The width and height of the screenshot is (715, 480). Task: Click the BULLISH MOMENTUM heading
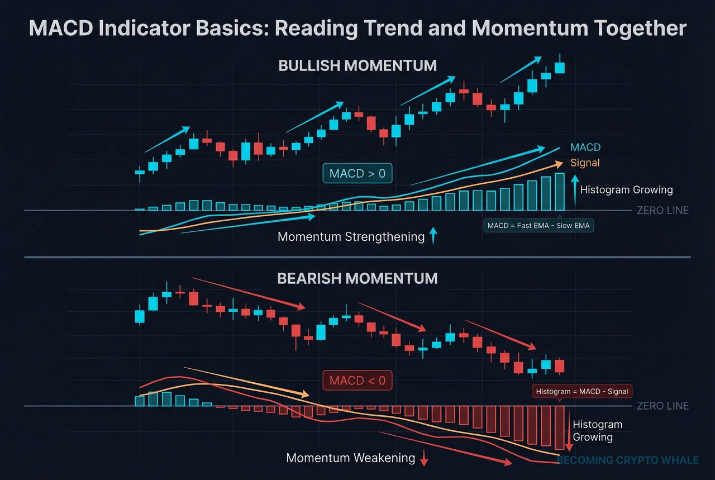(x=357, y=65)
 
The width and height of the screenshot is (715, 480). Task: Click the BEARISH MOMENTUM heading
(x=357, y=278)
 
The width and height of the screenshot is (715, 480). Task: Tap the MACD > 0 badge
(x=357, y=174)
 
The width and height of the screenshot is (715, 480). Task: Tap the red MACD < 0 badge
(x=357, y=381)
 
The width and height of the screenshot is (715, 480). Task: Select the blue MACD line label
(x=585, y=148)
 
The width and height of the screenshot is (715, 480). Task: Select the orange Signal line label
(x=585, y=163)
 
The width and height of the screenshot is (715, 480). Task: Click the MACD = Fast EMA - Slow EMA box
(x=538, y=226)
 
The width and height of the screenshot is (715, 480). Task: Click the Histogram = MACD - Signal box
(x=581, y=392)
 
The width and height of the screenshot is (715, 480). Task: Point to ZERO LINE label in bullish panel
(x=662, y=211)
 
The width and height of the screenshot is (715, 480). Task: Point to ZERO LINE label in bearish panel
(x=662, y=406)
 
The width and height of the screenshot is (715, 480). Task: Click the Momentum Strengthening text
(x=351, y=237)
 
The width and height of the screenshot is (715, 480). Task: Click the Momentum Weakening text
(x=350, y=458)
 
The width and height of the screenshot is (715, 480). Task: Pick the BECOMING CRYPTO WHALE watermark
(x=628, y=460)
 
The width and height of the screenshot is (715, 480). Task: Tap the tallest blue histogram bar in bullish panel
(x=560, y=192)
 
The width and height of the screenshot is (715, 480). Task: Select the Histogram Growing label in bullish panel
(x=626, y=190)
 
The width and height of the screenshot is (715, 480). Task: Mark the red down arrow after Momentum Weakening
(x=424, y=458)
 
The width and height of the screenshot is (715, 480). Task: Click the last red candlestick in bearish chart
(x=560, y=366)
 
